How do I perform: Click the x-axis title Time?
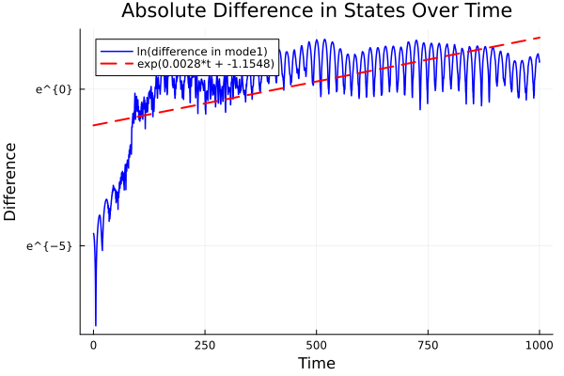316,363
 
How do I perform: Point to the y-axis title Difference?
11,181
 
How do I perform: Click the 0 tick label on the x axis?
93,345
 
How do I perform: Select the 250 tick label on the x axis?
205,345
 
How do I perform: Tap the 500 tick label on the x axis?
316,345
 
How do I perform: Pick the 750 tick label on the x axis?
428,345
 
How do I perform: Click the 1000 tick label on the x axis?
539,345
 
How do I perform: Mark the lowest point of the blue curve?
95,325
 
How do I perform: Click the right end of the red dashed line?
540,38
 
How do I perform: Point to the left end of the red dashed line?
93,125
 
